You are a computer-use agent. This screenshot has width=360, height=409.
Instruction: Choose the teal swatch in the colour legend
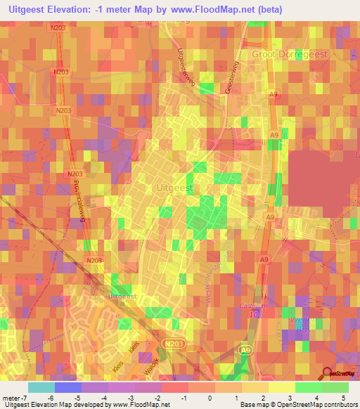pos(41,387)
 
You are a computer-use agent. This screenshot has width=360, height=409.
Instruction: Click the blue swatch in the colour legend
pos(67,387)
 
